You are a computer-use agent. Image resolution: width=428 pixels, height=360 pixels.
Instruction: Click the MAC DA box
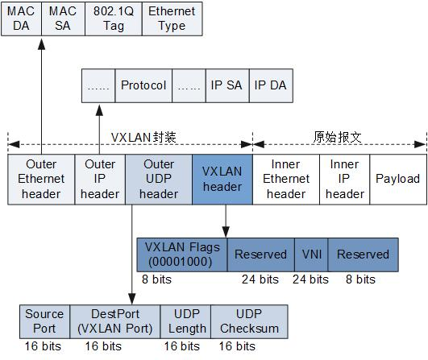tap(23, 19)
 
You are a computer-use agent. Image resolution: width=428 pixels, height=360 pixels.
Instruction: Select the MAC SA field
tap(63, 19)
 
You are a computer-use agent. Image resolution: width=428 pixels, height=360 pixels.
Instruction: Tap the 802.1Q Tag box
tap(114, 19)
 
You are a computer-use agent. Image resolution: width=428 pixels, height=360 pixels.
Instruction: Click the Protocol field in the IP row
tap(143, 85)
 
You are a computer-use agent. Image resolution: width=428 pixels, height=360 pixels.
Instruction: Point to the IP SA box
tap(226, 85)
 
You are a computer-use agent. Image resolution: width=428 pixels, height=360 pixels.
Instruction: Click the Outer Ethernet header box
tap(41, 178)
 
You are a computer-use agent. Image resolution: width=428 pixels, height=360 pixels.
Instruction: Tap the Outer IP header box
tap(100, 178)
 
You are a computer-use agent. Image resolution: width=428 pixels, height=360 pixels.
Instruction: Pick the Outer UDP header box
tap(159, 178)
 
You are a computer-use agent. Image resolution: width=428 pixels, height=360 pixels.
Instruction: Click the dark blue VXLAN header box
tap(222, 178)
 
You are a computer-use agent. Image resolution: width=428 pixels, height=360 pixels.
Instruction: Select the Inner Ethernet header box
tap(286, 178)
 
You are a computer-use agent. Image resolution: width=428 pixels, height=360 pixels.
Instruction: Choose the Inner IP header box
tap(345, 178)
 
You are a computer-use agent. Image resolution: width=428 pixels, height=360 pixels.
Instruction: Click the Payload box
tap(398, 178)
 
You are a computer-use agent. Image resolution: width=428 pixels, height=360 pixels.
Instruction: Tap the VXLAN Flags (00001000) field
tap(182, 254)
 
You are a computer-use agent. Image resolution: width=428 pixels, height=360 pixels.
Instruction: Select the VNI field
tap(310, 254)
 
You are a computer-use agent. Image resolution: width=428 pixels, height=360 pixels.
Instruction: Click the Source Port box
tap(44, 321)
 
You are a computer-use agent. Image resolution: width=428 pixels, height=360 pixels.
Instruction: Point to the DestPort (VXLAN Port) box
tap(114, 321)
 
